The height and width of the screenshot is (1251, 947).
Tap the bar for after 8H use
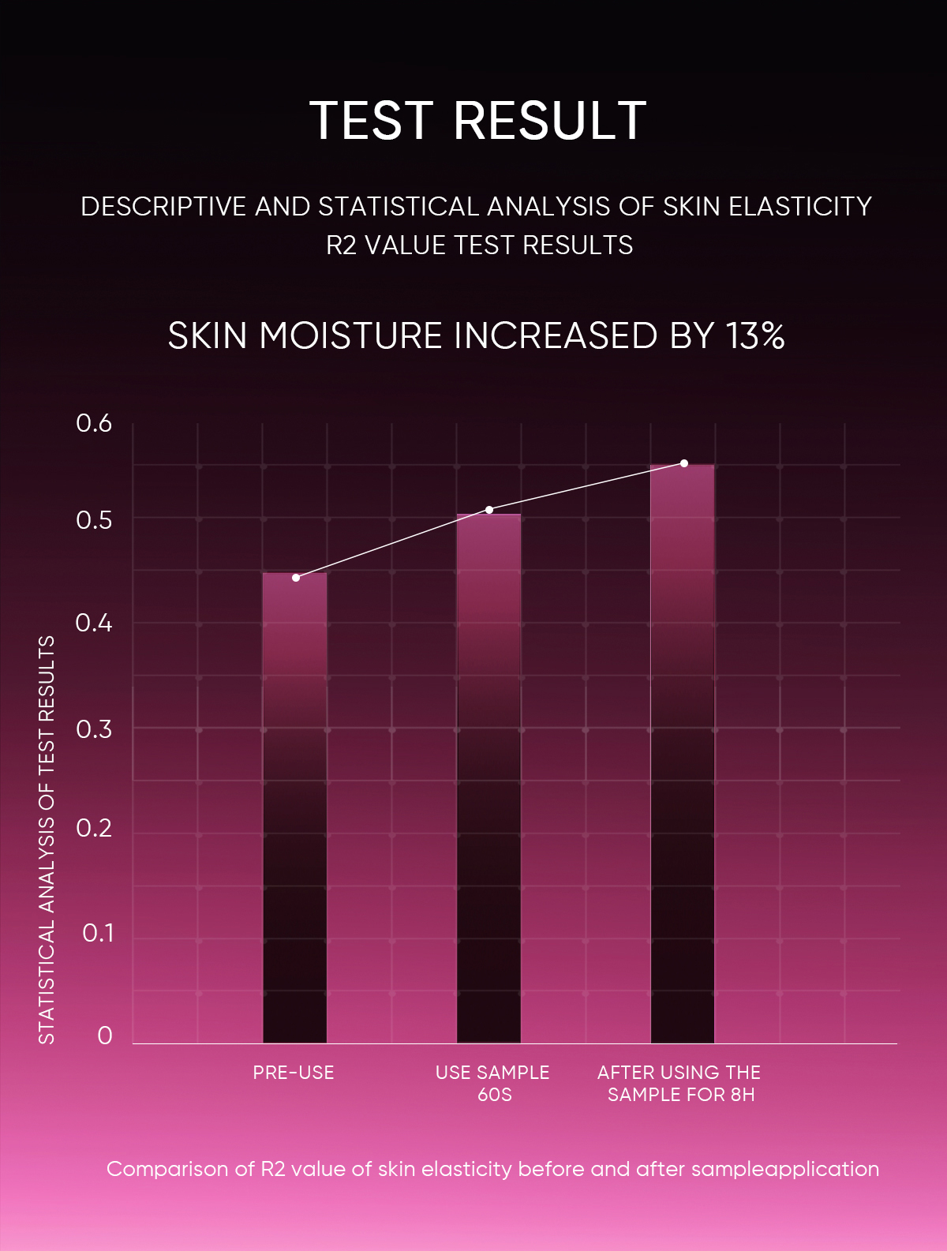(683, 754)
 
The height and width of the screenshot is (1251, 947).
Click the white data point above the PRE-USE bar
(296, 578)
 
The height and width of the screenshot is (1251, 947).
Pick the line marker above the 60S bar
(489, 510)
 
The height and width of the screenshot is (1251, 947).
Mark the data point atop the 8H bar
(684, 463)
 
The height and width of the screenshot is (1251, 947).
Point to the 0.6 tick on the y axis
(94, 423)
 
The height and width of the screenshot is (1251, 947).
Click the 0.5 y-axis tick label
(94, 520)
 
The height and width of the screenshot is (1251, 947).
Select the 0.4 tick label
(94, 624)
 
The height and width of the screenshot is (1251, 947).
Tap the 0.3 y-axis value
(94, 729)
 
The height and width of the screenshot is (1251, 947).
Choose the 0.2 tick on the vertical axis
(94, 828)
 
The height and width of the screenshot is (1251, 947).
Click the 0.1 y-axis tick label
(98, 933)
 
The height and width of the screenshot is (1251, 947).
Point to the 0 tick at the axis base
(105, 1036)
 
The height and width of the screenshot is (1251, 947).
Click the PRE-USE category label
(294, 1073)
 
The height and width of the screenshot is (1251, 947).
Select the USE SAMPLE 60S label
(492, 1083)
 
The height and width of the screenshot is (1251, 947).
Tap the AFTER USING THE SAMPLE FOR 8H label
(679, 1083)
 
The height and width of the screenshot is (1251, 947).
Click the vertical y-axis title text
(47, 840)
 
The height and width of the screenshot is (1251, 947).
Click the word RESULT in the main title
(550, 122)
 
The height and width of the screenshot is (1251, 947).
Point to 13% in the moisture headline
(756, 335)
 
